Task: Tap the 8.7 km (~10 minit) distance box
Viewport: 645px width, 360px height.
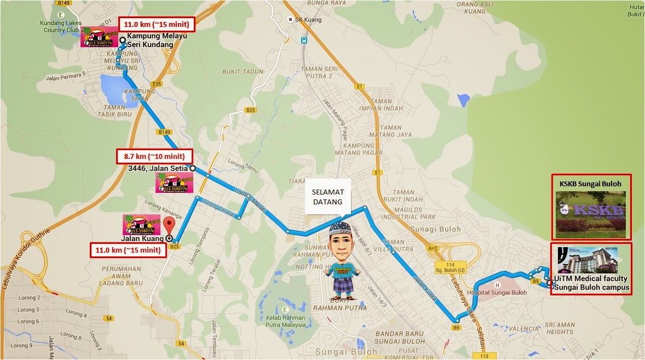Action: tap(155, 156)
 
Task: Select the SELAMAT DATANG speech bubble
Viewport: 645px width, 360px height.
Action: tap(327, 196)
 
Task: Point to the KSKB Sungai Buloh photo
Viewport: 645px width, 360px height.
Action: tap(591, 213)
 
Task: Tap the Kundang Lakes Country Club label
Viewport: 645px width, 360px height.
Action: tap(60, 26)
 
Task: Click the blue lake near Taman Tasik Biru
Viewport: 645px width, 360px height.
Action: tap(115, 86)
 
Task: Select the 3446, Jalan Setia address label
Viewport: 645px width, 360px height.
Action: tap(158, 168)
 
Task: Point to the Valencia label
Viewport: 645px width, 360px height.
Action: tap(524, 329)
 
